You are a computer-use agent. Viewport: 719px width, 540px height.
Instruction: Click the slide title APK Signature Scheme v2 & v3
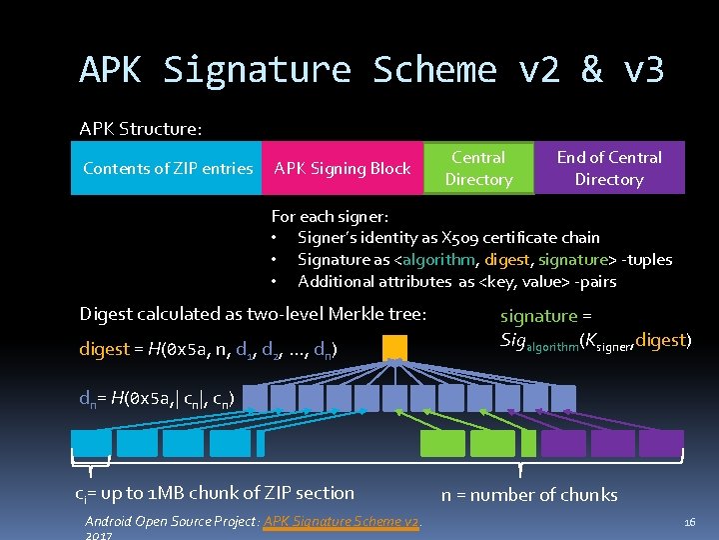pos(371,70)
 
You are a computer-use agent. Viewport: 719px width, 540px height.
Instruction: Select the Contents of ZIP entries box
pos(168,168)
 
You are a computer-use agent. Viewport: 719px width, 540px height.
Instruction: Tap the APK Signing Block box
pos(343,168)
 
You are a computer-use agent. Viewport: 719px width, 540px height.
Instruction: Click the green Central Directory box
pos(478,168)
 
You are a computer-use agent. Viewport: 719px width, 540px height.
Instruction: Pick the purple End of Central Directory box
pos(609,168)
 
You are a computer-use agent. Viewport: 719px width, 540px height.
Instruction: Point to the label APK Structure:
pos(141,129)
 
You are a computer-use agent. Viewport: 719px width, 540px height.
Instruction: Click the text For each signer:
pos(330,216)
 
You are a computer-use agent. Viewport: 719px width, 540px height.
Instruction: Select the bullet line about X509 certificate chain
pos(448,238)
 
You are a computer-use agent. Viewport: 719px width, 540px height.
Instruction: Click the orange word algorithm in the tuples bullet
pos(439,260)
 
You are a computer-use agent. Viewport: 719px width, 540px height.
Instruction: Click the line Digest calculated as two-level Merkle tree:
pos(253,314)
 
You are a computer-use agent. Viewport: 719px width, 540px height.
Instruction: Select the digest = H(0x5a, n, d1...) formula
pos(208,350)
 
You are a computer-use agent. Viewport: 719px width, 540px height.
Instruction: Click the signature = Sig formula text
pos(593,328)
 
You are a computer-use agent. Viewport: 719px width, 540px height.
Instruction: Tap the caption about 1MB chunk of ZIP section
pos(215,493)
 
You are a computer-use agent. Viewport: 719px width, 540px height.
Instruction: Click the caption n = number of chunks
pos(529,495)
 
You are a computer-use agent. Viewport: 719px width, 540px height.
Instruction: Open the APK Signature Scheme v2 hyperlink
pos(342,521)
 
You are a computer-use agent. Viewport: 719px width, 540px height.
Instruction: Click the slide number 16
pos(689,522)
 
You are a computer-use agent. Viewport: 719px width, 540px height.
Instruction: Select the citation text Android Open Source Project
pos(171,521)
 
